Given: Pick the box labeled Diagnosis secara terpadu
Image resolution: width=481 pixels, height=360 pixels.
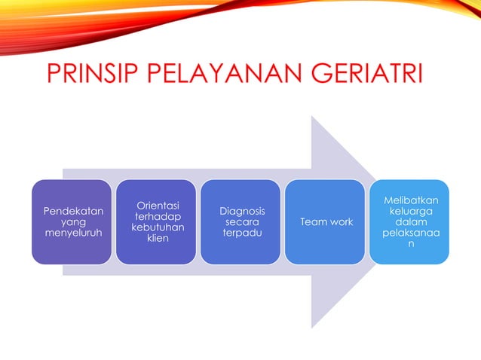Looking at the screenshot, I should pyautogui.click(x=241, y=221).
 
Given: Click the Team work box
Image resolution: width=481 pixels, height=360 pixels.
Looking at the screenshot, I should pyautogui.click(x=326, y=221).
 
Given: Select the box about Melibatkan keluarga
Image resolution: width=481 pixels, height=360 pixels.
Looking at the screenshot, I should pyautogui.click(x=409, y=221).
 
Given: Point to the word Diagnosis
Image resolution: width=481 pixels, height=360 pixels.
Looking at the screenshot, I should pyautogui.click(x=241, y=210).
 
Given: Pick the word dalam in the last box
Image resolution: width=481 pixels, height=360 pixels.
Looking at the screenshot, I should pyautogui.click(x=411, y=223).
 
